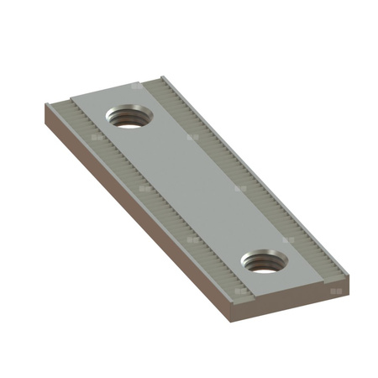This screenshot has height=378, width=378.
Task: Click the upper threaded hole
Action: (x=128, y=118)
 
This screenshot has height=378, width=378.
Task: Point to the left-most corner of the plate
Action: (x=43, y=104)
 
